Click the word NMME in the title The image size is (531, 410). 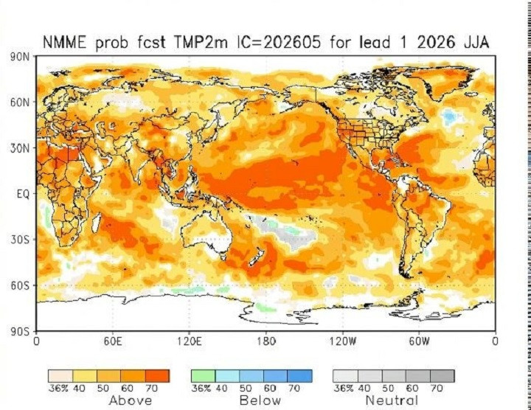(65, 43)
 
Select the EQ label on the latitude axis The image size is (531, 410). (24, 194)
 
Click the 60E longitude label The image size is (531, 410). (112, 341)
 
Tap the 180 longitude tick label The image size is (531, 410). (265, 341)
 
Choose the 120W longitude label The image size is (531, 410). (342, 341)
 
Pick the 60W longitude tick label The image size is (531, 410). (419, 341)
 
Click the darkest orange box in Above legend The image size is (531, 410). (157, 376)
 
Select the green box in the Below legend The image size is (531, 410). (204, 376)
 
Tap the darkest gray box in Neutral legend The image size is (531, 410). (442, 376)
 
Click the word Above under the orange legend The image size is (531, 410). (131, 400)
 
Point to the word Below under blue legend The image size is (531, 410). (260, 400)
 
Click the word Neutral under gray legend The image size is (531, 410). (392, 400)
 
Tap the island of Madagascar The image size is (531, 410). (96, 222)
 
